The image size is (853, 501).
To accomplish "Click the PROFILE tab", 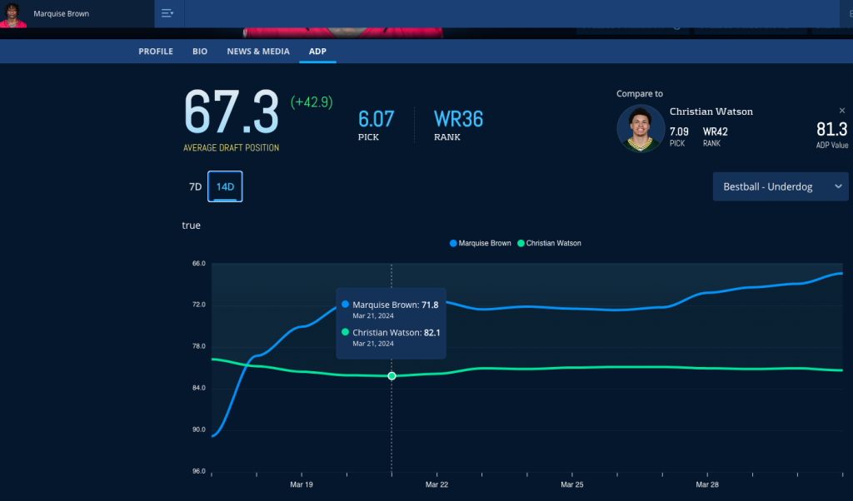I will tap(156, 52).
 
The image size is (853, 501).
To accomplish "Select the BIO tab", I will tap(200, 52).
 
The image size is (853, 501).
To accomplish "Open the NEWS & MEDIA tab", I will tap(258, 52).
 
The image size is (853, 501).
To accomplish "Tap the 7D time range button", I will tap(195, 187).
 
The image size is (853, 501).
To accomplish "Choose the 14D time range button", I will tap(225, 187).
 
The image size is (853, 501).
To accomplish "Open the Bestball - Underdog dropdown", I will tap(780, 186).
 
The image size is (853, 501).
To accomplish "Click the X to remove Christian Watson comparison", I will tap(841, 111).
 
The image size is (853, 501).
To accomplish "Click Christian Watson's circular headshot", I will tap(641, 128).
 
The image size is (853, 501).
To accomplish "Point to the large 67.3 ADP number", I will tap(231, 112).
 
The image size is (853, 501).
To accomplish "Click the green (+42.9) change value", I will tap(312, 102).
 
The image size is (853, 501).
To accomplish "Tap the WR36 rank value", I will tap(458, 119).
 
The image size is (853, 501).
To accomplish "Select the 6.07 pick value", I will tap(377, 119).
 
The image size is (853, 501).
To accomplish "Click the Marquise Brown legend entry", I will tap(481, 243).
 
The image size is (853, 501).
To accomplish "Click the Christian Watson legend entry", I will tap(550, 243).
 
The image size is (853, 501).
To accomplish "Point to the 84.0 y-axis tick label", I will tap(198, 389).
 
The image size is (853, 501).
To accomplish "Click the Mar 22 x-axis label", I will tap(436, 484).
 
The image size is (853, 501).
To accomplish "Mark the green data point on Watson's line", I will tap(392, 376).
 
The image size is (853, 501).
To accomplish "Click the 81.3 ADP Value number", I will tap(831, 129).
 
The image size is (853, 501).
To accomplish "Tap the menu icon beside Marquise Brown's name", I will tap(167, 13).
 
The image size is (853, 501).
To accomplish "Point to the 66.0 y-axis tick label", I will tap(198, 264).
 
